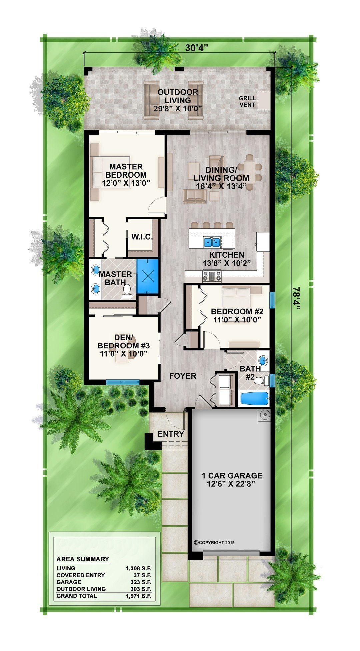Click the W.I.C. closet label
point(142,237)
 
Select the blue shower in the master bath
point(148,277)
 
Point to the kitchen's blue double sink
point(212,241)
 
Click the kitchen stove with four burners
point(212,276)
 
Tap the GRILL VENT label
point(247,101)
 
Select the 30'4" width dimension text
point(197,48)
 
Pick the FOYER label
point(183,376)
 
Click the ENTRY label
point(171,434)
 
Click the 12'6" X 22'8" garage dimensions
point(231,484)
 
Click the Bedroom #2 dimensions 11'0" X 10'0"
point(237,319)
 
